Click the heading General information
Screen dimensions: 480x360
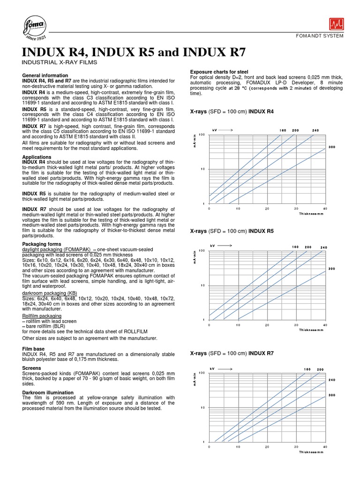pyautogui.click(x=45, y=75)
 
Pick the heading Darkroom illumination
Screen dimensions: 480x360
pyautogui.click(x=48, y=392)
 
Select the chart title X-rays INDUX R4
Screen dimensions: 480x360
pyautogui.click(x=232, y=112)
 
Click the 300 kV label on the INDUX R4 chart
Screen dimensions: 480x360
pyautogui.click(x=332, y=147)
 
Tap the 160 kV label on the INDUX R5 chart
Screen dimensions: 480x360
pyautogui.click(x=295, y=247)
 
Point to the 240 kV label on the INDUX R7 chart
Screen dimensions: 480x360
pyautogui.click(x=332, y=380)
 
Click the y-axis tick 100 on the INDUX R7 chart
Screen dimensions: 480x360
pyautogui.click(x=202, y=373)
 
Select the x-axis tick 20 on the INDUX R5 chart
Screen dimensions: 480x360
pyautogui.click(x=267, y=325)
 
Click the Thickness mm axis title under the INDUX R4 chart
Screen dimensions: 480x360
pyautogui.click(x=311, y=213)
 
